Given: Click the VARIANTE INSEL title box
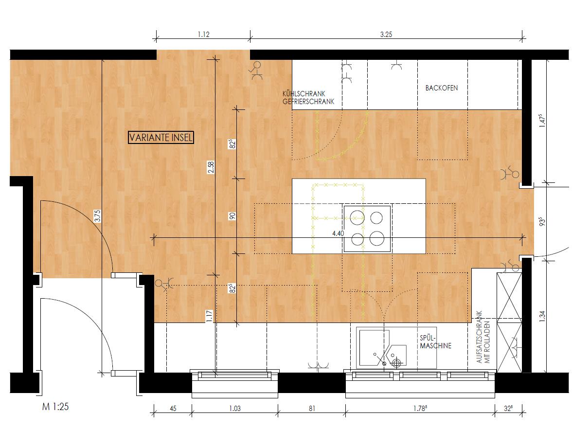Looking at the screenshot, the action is pos(161,138).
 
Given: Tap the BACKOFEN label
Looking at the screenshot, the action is pos(442,88).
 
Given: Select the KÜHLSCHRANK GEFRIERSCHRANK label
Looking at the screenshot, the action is pos(308,98).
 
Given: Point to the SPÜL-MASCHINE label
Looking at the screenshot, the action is pos(436,342).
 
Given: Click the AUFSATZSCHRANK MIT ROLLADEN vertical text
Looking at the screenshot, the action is pos(483,337).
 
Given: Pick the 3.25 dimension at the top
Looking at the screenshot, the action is pos(386,35).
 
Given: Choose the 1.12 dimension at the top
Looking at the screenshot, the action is pos(203,35).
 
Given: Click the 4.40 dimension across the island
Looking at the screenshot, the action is pos(338,233).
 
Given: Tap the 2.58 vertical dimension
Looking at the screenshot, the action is pos(211,167).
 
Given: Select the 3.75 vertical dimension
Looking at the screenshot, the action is pos(97,216).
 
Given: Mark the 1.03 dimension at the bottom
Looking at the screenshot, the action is pos(235,409).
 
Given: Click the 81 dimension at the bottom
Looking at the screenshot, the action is pos(311,409).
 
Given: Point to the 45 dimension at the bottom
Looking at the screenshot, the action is pos(173,409).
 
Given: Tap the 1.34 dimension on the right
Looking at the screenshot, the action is pos(542,316).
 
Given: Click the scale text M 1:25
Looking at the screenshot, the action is pos(55,406).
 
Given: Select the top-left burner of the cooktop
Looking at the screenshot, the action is pos(357,218).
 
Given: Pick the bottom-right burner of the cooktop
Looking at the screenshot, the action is pos(377,238).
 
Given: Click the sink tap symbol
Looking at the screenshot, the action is pos(396,363).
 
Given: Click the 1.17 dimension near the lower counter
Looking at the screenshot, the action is pos(209,316).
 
